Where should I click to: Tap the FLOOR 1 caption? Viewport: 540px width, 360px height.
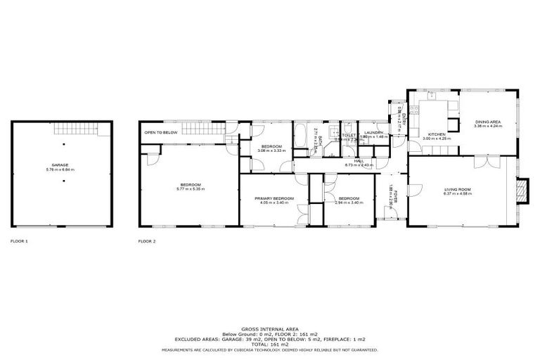20,241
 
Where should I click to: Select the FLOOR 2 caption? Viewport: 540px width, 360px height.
147,241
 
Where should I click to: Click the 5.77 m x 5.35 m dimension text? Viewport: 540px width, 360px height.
189,189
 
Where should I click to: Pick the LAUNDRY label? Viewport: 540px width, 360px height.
373,132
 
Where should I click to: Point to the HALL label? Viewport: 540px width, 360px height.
359,161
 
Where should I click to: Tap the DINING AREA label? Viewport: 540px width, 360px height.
488,122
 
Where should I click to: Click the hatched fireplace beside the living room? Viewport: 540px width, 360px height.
522,190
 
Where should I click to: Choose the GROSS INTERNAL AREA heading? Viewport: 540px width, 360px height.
270,328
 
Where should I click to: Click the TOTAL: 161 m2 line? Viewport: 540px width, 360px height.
270,345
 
